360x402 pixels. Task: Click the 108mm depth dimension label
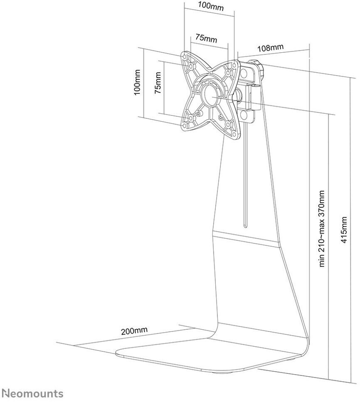click(x=271, y=48)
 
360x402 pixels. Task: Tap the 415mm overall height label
click(x=343, y=230)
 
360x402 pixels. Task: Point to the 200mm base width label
click(x=134, y=331)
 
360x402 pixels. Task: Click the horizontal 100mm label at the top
click(x=211, y=6)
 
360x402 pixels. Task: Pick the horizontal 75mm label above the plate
click(x=206, y=38)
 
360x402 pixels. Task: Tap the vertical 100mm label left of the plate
click(x=137, y=82)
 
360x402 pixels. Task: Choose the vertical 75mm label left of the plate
click(x=158, y=83)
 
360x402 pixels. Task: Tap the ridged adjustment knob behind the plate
click(x=255, y=67)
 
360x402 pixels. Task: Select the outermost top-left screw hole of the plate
click(x=184, y=56)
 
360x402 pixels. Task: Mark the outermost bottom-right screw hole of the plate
click(x=234, y=134)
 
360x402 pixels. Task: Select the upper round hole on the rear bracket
click(x=244, y=74)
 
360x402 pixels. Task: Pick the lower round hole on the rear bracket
click(x=244, y=113)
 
